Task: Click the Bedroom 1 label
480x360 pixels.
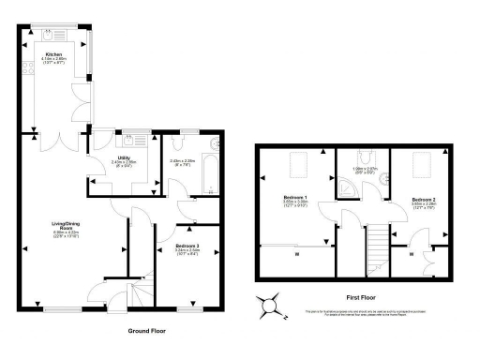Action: click(x=296, y=199)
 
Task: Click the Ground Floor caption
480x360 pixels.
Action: click(x=148, y=331)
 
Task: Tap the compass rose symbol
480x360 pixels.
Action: click(x=270, y=305)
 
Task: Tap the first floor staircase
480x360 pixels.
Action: click(x=379, y=246)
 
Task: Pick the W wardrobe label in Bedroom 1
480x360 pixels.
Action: click(x=295, y=254)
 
